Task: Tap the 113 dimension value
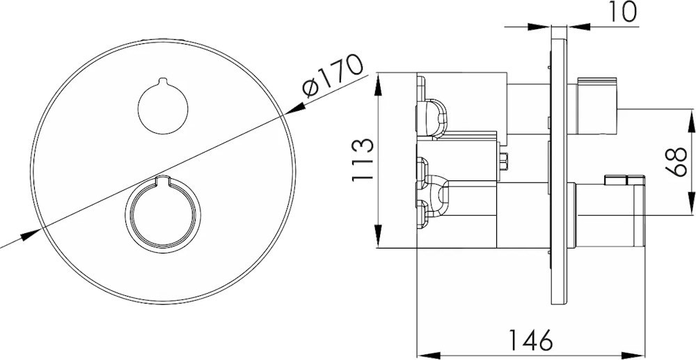pyautogui.click(x=362, y=159)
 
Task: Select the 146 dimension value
pyautogui.click(x=530, y=340)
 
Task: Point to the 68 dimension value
pyautogui.click(x=676, y=162)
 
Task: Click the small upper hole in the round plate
pyautogui.click(x=163, y=108)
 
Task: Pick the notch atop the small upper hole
pyautogui.click(x=163, y=81)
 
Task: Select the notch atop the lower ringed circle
pyautogui.click(x=163, y=180)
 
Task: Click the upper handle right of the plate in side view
pyautogui.click(x=596, y=106)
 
